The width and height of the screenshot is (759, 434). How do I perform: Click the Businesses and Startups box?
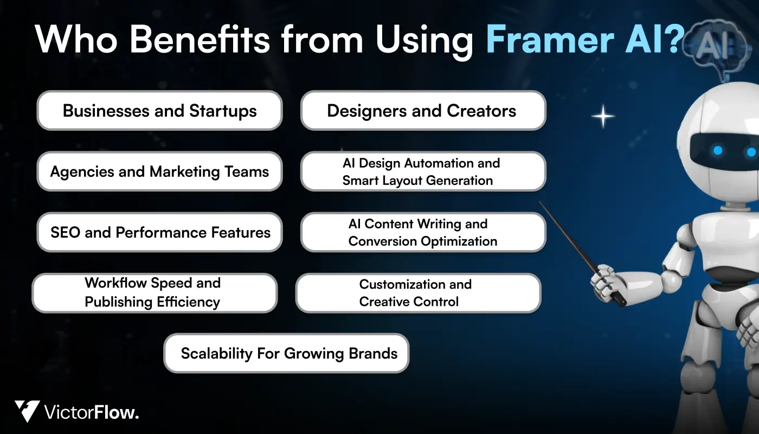click(159, 111)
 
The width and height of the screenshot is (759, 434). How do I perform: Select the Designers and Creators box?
click(423, 111)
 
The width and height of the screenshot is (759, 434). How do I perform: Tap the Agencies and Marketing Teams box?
click(159, 171)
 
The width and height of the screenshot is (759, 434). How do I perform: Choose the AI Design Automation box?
click(423, 171)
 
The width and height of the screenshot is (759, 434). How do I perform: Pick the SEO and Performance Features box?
click(159, 232)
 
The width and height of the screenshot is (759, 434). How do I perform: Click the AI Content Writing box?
click(423, 232)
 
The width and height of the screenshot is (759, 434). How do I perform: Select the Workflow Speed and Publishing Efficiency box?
click(155, 293)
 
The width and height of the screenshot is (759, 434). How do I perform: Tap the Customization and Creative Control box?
click(418, 293)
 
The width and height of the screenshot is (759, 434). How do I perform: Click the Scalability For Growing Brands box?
click(286, 353)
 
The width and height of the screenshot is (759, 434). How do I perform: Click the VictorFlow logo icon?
click(27, 411)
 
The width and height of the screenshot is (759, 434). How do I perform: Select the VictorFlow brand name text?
click(92, 412)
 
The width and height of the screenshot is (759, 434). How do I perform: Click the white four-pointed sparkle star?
click(603, 117)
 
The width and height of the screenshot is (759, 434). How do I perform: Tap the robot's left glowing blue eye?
click(718, 150)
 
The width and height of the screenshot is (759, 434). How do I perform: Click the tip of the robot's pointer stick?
click(540, 203)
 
